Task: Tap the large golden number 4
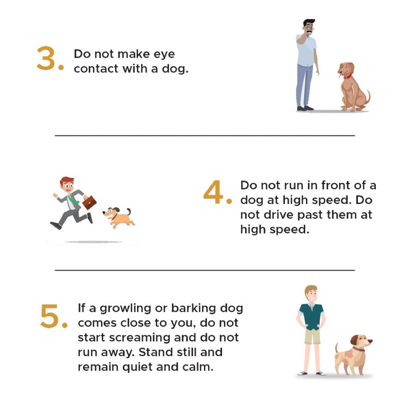[x=214, y=192]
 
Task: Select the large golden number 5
[x=50, y=316]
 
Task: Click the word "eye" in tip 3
[x=164, y=54]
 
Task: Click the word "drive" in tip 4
[x=280, y=215]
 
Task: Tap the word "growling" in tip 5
[x=126, y=309]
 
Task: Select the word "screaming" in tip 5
[x=140, y=338]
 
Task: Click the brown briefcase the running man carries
[x=89, y=202]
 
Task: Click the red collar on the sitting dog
[x=347, y=76]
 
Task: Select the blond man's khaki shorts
[x=312, y=336]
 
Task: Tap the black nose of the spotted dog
[x=371, y=341]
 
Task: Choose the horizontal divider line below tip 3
[x=205, y=135]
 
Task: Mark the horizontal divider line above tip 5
[x=205, y=271]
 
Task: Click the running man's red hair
[x=67, y=180]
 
